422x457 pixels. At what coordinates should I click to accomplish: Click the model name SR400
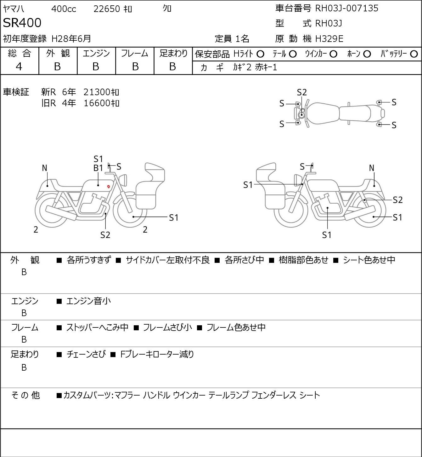point(22,23)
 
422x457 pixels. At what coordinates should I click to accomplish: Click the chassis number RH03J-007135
point(346,8)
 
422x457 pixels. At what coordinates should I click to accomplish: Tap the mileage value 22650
point(107,9)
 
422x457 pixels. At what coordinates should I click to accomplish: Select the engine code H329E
point(329,39)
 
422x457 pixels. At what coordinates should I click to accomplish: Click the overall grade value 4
point(19,67)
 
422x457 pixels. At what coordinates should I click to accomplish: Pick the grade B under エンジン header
point(96,67)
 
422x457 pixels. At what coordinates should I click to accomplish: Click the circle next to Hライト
point(260,54)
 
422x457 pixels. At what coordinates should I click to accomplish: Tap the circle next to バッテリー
point(414,54)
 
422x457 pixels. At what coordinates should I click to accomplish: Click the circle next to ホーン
point(367,54)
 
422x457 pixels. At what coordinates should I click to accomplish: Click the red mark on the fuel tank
point(109,186)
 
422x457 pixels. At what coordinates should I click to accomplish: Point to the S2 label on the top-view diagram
point(302,93)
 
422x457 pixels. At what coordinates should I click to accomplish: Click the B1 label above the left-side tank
point(98,168)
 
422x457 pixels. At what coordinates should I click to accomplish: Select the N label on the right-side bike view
point(371,168)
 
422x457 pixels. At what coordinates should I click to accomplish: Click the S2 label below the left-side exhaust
point(105,235)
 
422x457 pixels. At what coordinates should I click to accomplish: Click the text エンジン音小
point(89,301)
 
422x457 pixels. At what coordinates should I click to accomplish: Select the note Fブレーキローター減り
point(157,354)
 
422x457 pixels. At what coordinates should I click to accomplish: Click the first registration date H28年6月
point(71,39)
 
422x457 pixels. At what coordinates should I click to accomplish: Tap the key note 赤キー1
point(266,67)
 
